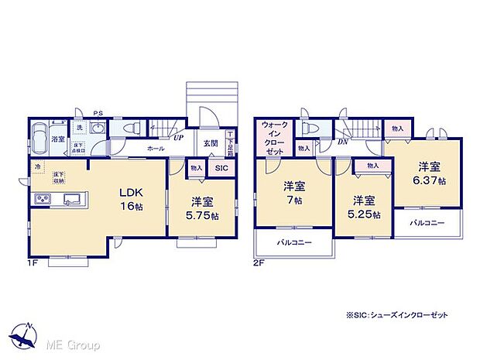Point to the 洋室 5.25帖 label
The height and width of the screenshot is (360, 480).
click(364, 205)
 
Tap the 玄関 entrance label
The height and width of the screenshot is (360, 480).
click(211, 143)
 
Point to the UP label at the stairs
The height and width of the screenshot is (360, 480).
click(178, 138)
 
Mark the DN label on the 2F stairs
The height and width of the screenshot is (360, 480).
click(343, 142)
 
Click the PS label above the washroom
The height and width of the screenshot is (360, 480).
click(98, 114)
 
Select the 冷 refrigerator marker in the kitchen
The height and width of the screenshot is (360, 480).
click(36, 166)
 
